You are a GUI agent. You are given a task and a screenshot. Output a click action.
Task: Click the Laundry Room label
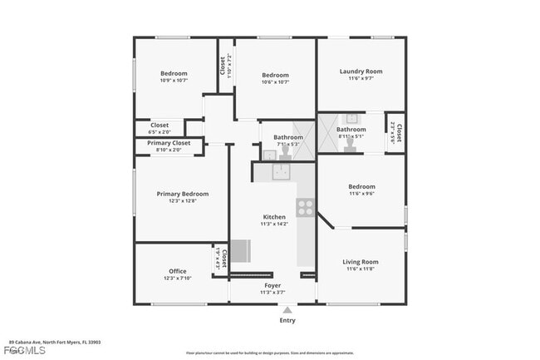[361, 72]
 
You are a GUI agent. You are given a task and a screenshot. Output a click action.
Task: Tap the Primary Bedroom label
[183, 194]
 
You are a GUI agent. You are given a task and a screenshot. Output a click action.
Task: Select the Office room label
[177, 271]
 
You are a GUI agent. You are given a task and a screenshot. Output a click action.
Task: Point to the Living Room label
[361, 262]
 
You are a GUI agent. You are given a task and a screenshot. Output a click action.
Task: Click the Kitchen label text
[274, 217]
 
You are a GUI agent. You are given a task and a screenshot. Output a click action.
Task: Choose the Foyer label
[272, 285]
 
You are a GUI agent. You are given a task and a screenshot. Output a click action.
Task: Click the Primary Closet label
[169, 143]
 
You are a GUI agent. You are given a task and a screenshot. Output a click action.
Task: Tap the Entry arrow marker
[287, 309]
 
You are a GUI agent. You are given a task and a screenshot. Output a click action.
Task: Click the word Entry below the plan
[287, 320]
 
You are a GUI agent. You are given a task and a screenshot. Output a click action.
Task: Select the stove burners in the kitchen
[306, 207]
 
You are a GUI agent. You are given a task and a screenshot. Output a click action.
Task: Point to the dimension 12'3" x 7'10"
[177, 278]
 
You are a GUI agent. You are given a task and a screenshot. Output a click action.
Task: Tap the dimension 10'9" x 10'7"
[174, 81]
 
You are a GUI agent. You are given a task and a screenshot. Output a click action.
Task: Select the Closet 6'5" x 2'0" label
[159, 128]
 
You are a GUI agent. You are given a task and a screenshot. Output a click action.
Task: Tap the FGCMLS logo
[16, 351]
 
